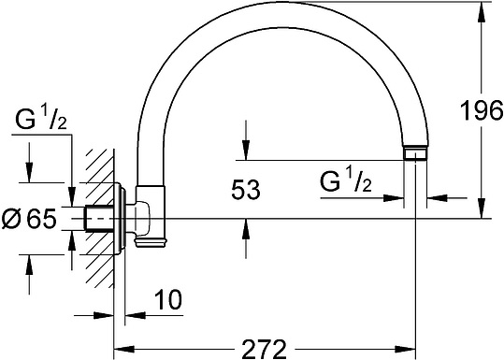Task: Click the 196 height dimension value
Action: point(482,110)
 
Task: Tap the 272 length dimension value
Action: point(264,350)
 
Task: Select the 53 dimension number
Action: point(246,190)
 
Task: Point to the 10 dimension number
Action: point(168,299)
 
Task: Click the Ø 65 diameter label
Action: point(29,219)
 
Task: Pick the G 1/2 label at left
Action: point(41,120)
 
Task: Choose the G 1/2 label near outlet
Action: point(346,182)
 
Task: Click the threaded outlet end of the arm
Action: point(415,153)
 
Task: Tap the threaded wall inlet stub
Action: point(99,219)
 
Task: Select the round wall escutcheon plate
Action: point(120,219)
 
